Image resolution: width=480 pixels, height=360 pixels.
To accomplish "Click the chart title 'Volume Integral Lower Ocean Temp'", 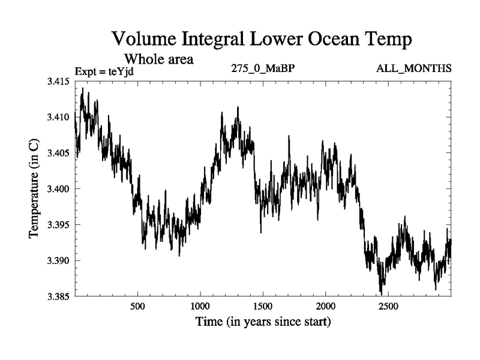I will pyautogui.click(x=262, y=40).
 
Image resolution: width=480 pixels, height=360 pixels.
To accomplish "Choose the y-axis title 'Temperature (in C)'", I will pyautogui.click(x=34, y=188).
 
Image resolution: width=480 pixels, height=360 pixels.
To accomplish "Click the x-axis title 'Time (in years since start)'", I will pyautogui.click(x=263, y=322).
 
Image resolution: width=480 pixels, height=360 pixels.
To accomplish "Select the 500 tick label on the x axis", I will pyautogui.click(x=138, y=307).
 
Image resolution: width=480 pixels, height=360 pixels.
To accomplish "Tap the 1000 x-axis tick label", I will pyautogui.click(x=200, y=307).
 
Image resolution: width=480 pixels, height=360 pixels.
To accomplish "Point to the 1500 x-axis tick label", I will pyautogui.click(x=263, y=307).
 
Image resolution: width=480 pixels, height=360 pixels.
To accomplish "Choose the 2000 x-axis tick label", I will pyautogui.click(x=326, y=307).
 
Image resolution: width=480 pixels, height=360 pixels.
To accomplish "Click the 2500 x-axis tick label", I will pyautogui.click(x=388, y=307).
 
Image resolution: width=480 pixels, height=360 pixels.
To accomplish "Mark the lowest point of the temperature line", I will pyautogui.click(x=381, y=293).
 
